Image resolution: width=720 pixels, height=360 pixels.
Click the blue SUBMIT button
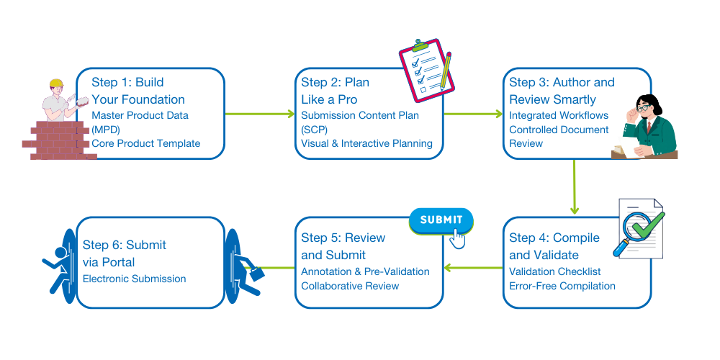441,220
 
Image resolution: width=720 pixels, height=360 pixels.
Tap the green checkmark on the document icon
651,225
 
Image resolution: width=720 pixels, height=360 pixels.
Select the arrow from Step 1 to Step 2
260,114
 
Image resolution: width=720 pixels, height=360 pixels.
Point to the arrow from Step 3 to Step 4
574,186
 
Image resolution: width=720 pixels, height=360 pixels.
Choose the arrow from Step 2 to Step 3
472,114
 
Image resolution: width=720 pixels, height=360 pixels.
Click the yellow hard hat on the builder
56,84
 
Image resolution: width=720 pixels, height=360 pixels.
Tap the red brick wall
57,141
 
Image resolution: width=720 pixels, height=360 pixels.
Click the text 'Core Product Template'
145,143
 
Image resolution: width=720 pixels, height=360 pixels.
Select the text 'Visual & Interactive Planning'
366,143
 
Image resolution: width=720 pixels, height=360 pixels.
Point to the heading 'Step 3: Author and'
562,82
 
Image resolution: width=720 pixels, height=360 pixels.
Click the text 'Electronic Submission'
134,279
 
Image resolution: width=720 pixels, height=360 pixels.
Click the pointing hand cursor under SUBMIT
456,238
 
